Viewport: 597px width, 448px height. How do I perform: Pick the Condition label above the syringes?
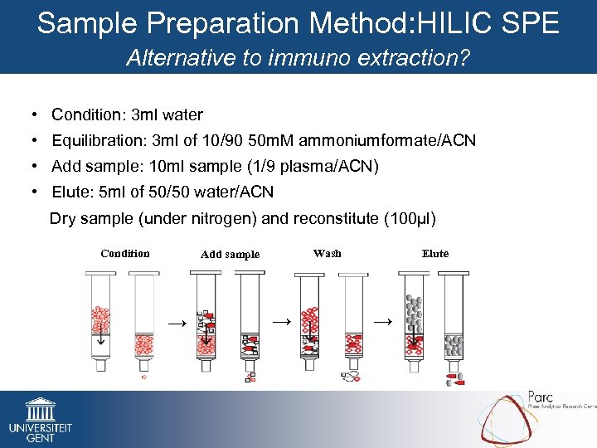click(125, 254)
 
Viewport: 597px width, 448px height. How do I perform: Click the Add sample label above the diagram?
click(230, 255)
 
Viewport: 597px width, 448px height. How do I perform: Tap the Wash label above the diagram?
click(327, 253)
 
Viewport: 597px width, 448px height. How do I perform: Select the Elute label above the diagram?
click(435, 254)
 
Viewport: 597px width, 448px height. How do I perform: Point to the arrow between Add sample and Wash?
click(282, 320)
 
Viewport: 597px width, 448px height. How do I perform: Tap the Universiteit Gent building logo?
click(40, 410)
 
